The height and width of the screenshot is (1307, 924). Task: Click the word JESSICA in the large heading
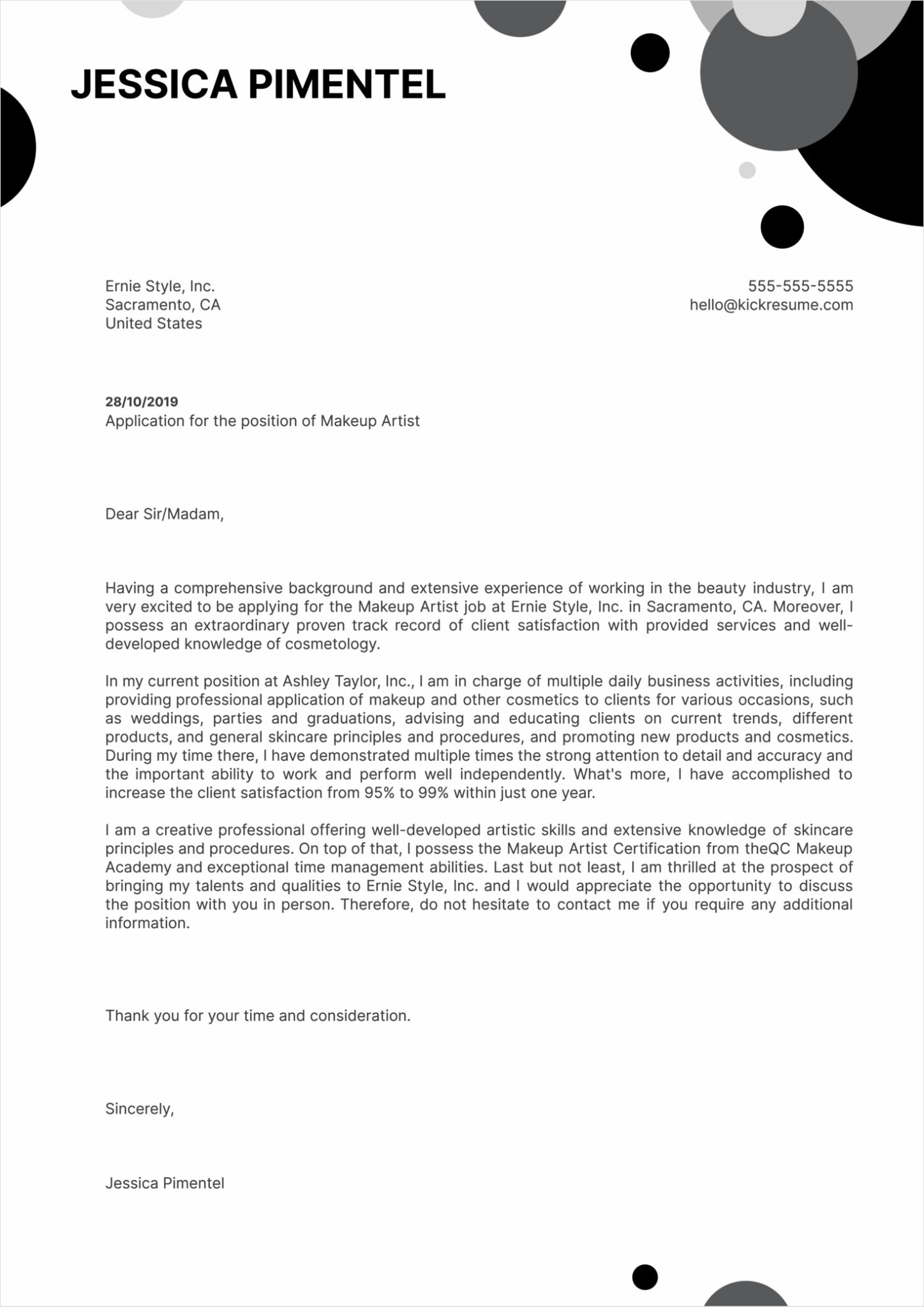click(153, 84)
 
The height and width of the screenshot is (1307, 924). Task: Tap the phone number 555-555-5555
click(800, 286)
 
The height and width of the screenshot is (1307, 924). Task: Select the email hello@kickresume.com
click(771, 304)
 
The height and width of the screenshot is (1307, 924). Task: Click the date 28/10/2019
click(142, 401)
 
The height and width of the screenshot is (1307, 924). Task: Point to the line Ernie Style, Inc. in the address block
click(160, 286)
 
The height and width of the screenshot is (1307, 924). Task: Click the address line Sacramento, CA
click(163, 304)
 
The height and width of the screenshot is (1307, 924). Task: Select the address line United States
click(153, 323)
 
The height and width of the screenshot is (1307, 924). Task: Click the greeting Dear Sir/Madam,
click(164, 514)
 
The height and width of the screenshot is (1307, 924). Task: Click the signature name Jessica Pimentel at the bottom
click(165, 1183)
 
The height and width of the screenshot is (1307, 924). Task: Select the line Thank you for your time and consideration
click(258, 1015)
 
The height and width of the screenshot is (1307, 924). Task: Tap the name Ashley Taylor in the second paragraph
click(332, 681)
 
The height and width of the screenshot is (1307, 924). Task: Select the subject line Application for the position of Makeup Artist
click(262, 421)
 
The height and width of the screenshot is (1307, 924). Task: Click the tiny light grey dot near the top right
click(747, 170)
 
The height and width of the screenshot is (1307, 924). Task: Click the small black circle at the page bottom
click(645, 1276)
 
